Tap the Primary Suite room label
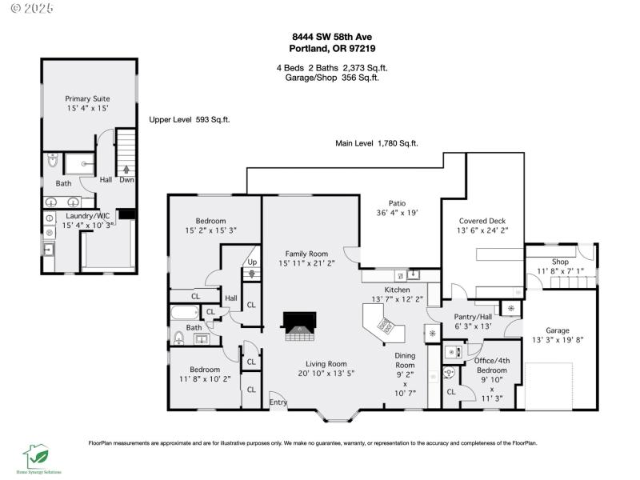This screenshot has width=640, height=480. (x=87, y=98)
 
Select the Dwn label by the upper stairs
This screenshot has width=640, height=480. (x=126, y=180)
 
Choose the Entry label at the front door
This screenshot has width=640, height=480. (x=278, y=402)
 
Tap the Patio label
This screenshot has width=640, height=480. (x=398, y=203)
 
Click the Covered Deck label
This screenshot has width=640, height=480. (x=482, y=221)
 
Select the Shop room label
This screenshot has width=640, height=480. (x=560, y=262)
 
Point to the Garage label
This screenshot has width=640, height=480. (x=558, y=330)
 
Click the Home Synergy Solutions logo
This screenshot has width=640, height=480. (x=36, y=460)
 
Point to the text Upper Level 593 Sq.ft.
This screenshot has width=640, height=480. (x=190, y=119)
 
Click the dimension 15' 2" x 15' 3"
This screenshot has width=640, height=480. (x=210, y=230)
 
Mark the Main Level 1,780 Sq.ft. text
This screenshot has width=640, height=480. (x=376, y=143)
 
